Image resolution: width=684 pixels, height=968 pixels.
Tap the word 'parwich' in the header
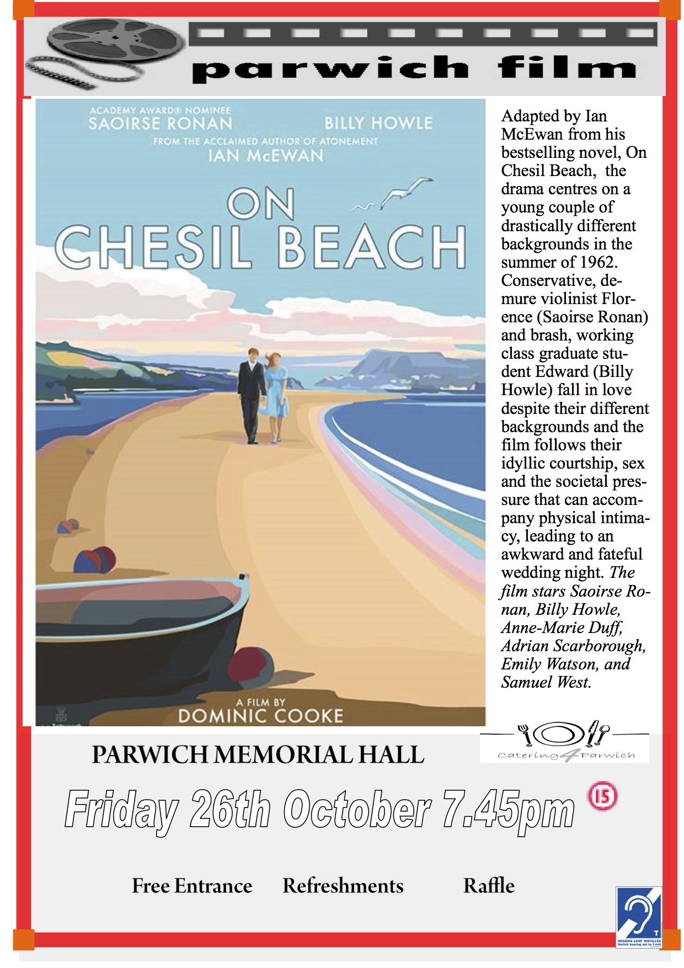point(330,70)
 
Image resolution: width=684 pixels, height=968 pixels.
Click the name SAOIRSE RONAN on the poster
point(160,123)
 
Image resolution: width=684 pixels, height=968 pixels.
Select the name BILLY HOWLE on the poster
point(378,123)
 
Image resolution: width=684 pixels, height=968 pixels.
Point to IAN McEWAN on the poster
point(265,156)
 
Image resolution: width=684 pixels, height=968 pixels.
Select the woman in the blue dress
point(276,395)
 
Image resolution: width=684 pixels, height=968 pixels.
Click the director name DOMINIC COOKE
point(260,716)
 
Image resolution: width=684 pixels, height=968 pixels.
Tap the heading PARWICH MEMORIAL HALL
point(258,755)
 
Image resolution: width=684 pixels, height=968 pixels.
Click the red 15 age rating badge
point(603,796)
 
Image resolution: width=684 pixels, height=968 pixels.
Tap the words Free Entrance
point(192,886)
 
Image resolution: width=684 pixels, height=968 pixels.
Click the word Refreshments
point(343,886)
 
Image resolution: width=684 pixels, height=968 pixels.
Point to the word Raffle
point(489,886)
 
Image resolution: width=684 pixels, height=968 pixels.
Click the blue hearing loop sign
point(639,917)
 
